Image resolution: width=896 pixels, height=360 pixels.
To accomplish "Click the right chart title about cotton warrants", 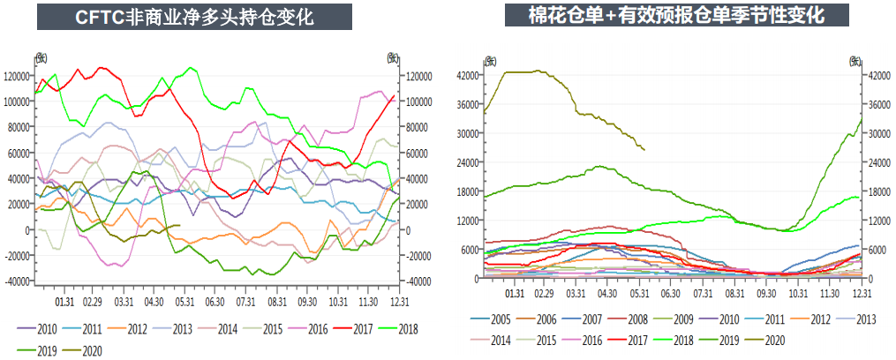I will [x=677, y=15].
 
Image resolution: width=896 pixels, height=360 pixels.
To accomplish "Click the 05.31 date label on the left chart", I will [x=185, y=301].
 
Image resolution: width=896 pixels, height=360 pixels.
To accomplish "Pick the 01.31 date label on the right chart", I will [x=515, y=294].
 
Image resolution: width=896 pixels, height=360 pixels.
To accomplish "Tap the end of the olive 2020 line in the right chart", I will [x=644, y=150].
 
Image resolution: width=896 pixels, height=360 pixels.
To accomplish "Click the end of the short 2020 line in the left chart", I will [x=179, y=225].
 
